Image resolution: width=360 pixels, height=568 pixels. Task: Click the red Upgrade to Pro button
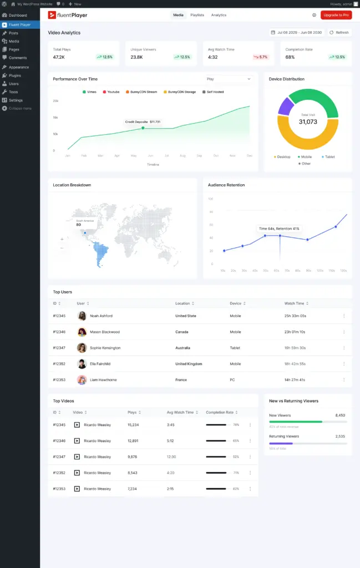336,15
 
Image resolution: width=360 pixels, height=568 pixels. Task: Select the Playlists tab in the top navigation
197,15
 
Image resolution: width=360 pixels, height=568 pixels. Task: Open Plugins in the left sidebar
15,75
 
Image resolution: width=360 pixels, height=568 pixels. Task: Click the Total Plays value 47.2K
59,57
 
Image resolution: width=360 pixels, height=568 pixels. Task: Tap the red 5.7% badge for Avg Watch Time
260,57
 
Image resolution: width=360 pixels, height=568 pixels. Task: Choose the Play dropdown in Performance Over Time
229,79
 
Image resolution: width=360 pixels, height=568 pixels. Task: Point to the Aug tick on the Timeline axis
183,156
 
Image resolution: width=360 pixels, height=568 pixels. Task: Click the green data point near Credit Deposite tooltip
143,128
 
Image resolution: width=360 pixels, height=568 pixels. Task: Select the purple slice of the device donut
285,105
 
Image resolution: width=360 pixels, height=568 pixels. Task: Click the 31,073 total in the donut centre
308,121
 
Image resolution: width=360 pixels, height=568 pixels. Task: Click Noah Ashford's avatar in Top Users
82,316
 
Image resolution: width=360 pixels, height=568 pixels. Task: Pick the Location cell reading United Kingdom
189,364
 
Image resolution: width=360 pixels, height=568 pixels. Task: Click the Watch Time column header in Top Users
295,303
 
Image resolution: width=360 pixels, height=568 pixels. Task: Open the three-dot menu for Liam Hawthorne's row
344,380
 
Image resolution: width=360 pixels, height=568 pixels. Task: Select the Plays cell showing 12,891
133,441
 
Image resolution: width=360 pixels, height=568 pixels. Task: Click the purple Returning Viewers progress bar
281,443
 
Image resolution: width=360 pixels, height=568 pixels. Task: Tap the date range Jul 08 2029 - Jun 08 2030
296,32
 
